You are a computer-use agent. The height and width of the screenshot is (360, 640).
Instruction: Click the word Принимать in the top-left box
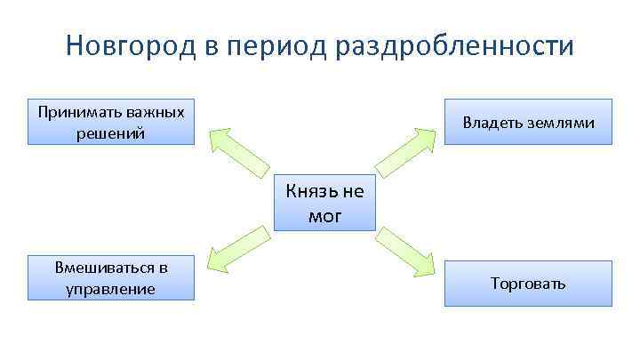76,112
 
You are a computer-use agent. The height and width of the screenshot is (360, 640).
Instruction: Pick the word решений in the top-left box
111,133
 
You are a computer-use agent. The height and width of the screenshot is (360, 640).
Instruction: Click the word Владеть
492,123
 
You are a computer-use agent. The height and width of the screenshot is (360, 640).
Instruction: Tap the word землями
560,123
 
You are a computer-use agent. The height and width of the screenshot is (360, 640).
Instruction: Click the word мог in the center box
325,214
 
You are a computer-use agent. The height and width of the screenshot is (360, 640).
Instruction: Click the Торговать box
528,284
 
